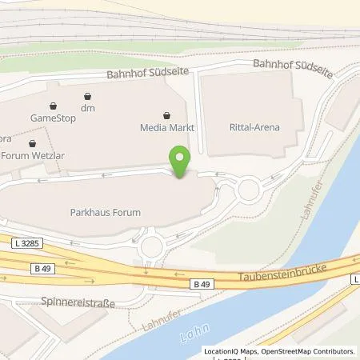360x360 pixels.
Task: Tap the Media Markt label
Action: (x=170, y=127)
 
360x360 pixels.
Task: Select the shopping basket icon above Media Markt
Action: (x=166, y=114)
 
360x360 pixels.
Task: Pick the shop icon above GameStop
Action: (x=53, y=105)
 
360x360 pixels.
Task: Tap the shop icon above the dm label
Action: (x=87, y=98)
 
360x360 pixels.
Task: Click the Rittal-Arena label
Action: (x=254, y=127)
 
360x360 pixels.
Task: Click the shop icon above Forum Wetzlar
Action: (x=32, y=144)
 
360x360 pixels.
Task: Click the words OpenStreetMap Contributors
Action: (x=309, y=350)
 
